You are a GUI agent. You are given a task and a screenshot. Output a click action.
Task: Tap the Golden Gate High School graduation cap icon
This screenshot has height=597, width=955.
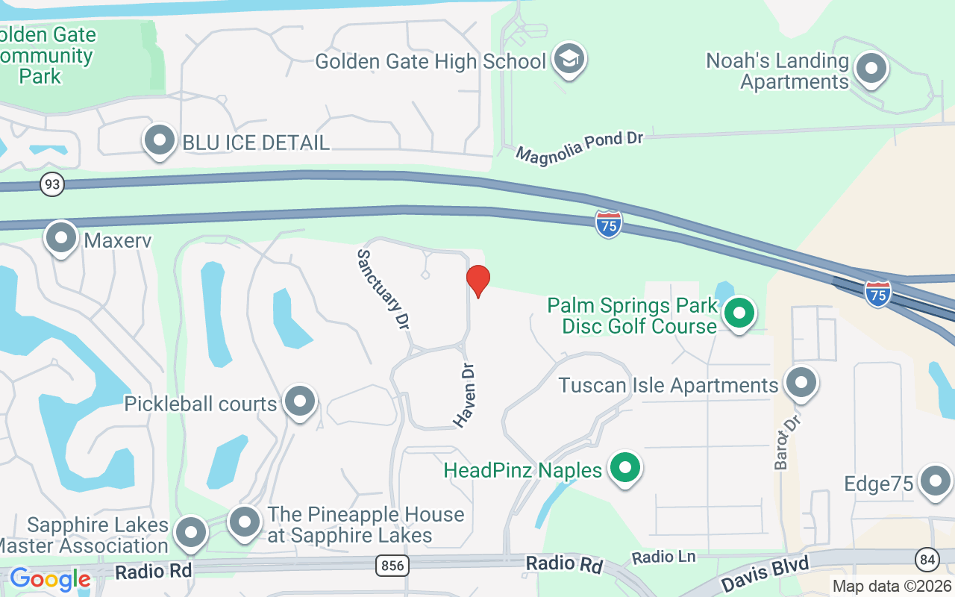pyautogui.click(x=569, y=59)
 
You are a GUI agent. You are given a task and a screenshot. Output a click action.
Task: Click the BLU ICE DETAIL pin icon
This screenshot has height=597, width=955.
pyautogui.click(x=159, y=140)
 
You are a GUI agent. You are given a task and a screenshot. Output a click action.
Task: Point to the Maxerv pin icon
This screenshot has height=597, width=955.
pyautogui.click(x=62, y=237)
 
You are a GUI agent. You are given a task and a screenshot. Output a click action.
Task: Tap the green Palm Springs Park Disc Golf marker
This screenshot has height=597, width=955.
pyautogui.click(x=739, y=313)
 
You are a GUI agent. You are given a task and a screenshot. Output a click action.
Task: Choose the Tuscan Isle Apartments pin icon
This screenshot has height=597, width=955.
pyautogui.click(x=801, y=383)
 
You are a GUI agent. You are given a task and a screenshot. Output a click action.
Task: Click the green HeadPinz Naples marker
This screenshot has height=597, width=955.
pyautogui.click(x=625, y=468)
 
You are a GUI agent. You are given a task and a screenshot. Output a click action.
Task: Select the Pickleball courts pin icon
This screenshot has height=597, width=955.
pyautogui.click(x=300, y=401)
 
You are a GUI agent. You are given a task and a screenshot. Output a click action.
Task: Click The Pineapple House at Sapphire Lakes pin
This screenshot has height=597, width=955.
pyautogui.click(x=245, y=522)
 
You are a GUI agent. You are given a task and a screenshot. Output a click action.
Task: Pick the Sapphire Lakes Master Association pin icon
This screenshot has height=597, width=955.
pyautogui.click(x=191, y=533)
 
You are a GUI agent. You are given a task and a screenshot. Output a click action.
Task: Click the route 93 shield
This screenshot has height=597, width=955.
pyautogui.click(x=52, y=184)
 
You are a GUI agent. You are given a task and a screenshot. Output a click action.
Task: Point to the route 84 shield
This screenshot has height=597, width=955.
pyautogui.click(x=925, y=557)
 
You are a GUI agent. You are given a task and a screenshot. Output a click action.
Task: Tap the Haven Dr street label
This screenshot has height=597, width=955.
pyautogui.click(x=464, y=396)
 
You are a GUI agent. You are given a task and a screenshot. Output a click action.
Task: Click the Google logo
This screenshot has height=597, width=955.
pyautogui.click(x=50, y=578)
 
